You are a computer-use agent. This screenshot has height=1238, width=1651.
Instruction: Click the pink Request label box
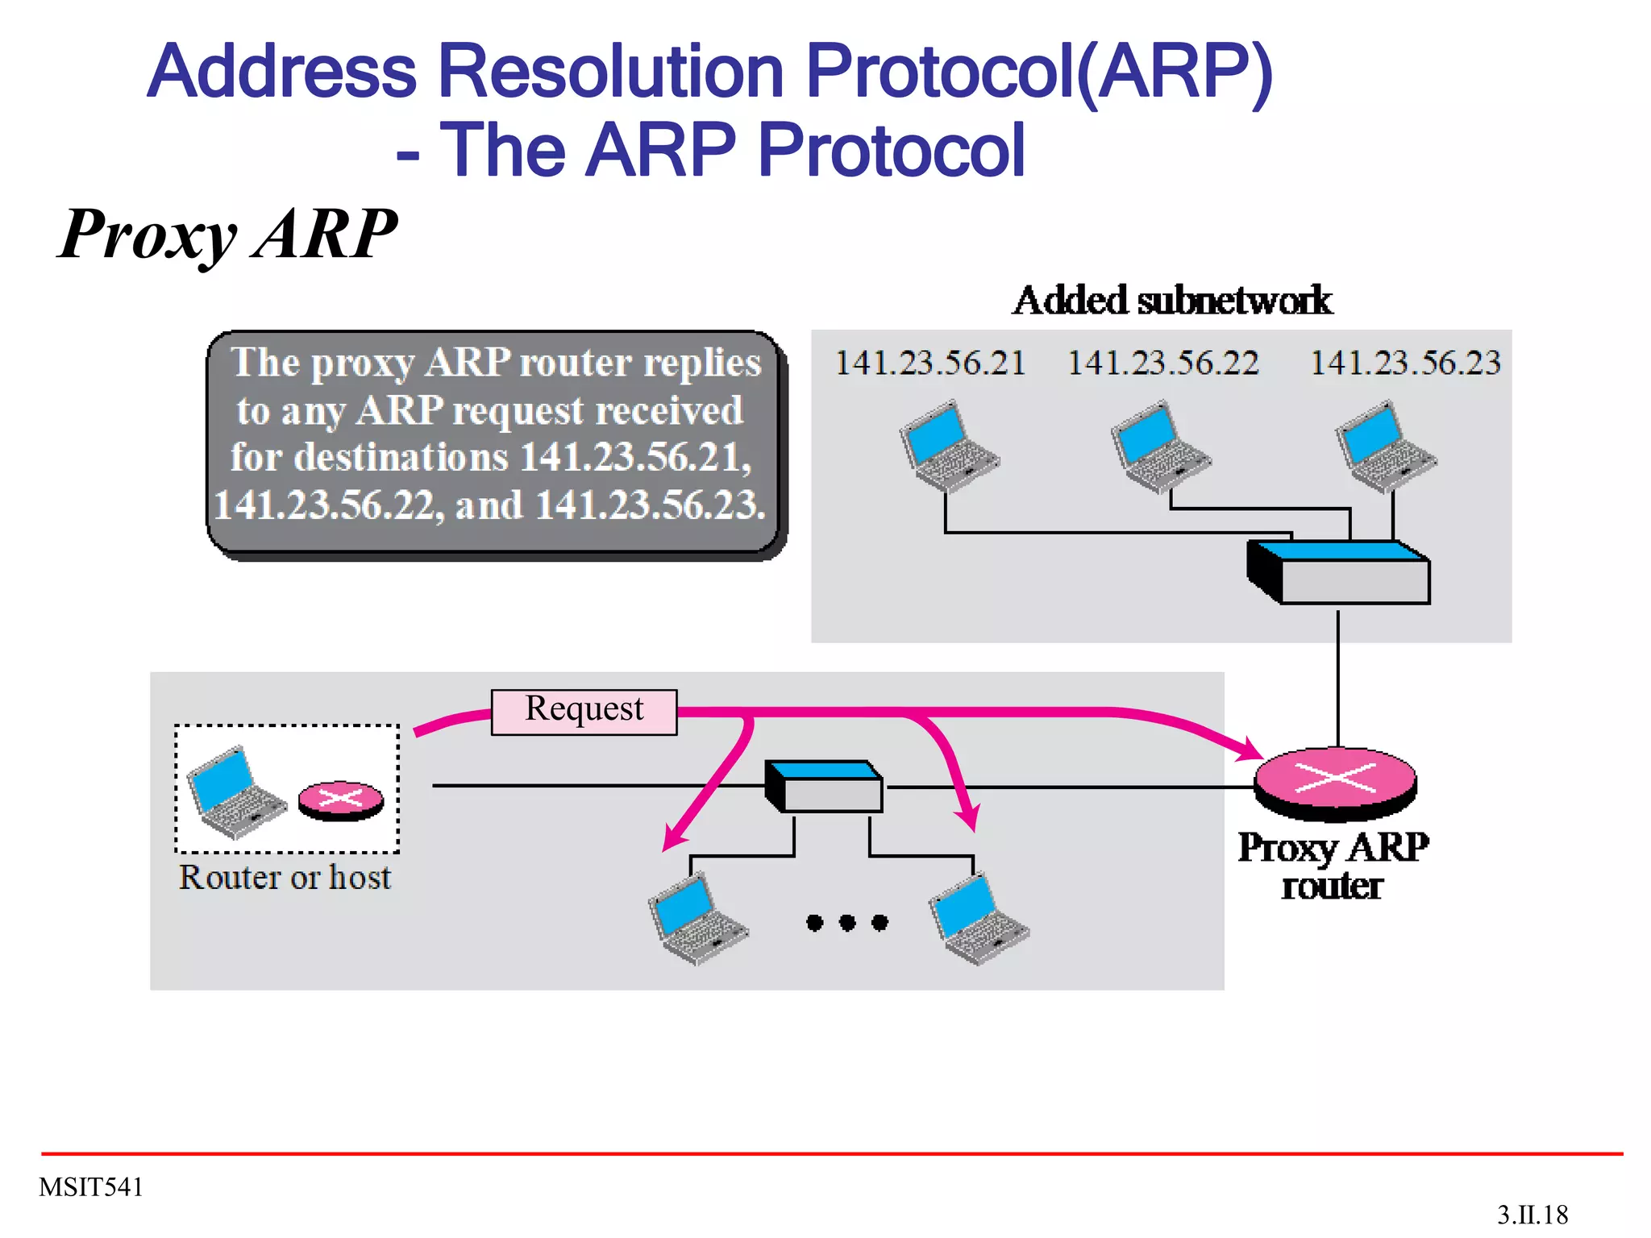point(584,711)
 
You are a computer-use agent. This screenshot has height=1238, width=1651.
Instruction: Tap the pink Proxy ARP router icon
point(1335,779)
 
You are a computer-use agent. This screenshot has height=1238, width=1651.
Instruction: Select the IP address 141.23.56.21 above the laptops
point(929,363)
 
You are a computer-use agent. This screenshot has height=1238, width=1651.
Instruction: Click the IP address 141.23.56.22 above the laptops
point(1162,363)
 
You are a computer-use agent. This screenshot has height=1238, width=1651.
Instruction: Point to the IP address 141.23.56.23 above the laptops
point(1405,363)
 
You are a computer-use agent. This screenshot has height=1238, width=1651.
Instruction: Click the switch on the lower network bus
point(824,786)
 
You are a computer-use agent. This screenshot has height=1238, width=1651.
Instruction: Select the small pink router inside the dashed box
point(341,800)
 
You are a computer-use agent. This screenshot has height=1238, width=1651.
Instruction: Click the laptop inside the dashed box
point(235,791)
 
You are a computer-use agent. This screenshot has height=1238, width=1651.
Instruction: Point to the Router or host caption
point(285,877)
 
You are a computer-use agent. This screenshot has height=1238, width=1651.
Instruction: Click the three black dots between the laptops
point(846,922)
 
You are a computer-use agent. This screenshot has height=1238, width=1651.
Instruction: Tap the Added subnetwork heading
point(1172,301)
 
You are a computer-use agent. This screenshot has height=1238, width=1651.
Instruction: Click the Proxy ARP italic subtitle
point(228,234)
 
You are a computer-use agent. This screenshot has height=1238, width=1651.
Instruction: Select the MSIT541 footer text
point(91,1187)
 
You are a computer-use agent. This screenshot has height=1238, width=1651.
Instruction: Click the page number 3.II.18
point(1532,1215)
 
